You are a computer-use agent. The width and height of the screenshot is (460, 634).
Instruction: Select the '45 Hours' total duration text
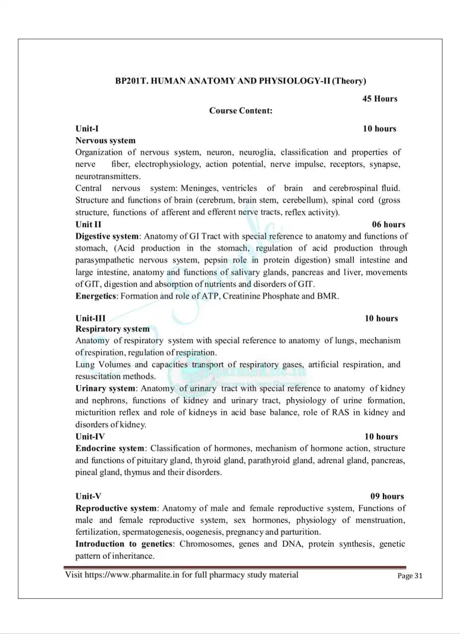coord(379,99)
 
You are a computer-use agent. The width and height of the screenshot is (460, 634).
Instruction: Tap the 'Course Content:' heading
coord(241,111)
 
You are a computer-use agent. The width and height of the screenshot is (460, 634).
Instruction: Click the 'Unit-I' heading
coord(87,129)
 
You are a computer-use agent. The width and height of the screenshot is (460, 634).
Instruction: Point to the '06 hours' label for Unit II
coord(388,225)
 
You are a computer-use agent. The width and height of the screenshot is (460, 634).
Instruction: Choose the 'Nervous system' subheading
coord(105,141)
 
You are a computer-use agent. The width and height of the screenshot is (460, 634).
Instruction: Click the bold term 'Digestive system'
coord(107,236)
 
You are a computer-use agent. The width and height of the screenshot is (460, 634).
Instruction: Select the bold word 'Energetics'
coord(95,296)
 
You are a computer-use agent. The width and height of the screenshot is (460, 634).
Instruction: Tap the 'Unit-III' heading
coord(90,318)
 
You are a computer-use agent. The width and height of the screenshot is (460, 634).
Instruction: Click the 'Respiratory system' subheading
coord(112,329)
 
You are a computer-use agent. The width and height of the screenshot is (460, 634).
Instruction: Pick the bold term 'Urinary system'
coord(105,389)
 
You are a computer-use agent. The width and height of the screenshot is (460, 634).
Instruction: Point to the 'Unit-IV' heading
coord(90,437)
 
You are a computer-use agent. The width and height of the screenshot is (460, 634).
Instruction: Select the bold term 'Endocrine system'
coord(110,449)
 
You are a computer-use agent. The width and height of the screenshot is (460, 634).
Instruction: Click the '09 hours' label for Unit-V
coord(387,496)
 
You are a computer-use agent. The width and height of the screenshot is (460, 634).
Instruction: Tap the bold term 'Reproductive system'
coord(116,508)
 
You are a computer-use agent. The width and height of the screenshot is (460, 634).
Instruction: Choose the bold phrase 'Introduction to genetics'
coord(124,544)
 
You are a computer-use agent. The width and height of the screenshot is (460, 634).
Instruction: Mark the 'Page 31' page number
coord(410,576)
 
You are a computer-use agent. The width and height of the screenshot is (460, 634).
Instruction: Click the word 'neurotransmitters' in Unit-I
coord(107,176)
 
